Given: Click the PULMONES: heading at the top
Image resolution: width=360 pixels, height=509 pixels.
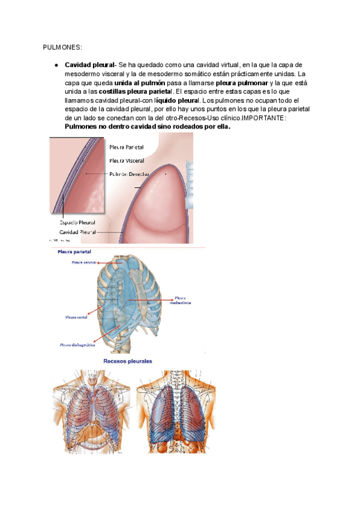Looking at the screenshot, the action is coord(62,47).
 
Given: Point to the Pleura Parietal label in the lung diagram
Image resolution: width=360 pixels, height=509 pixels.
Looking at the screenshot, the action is coord(126,146).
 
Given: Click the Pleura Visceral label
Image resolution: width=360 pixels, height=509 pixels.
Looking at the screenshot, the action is coord(126,160).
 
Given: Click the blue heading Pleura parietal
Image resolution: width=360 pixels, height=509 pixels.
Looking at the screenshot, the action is coord(74,252).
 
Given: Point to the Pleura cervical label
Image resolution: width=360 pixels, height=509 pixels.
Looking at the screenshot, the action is coord(85,262).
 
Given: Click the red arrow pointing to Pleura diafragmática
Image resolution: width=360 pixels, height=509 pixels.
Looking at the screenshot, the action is coord(105,342).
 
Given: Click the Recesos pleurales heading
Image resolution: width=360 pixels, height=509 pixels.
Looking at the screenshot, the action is coord(128,361).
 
